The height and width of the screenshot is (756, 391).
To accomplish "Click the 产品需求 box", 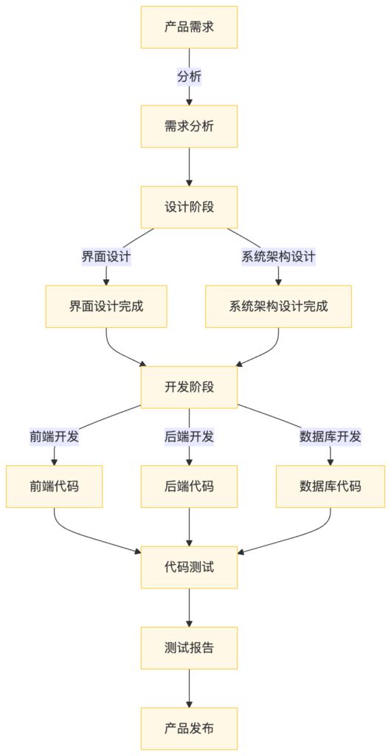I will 190,27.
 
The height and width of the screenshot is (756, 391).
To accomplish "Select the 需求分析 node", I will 190,126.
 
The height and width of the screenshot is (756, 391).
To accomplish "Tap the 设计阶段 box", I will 190,207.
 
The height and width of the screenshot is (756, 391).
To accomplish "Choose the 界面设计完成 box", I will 106,306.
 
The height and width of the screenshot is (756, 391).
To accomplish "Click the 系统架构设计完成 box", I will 278,306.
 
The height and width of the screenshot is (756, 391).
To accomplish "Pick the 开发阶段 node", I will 190,386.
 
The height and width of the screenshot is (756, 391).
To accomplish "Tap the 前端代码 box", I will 54,486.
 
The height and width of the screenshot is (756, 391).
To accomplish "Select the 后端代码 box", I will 190,486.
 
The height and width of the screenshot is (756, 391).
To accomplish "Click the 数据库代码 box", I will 330,486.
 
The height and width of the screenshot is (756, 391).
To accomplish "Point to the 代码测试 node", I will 190,567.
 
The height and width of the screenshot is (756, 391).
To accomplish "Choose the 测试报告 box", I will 190,647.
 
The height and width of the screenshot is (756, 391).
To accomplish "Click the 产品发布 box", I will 190,728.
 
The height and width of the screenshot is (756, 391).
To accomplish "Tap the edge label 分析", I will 190,76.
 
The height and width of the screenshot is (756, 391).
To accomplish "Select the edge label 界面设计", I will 106,257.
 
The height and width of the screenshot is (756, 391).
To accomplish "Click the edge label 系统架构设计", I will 278,257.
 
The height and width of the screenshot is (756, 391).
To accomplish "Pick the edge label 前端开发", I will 54,436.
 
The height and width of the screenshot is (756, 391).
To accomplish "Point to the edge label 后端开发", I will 190,436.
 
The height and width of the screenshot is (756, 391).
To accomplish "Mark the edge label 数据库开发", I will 330,436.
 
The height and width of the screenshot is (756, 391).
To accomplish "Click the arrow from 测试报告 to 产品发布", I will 190,688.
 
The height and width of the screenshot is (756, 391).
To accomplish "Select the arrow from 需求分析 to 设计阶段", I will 190,166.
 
